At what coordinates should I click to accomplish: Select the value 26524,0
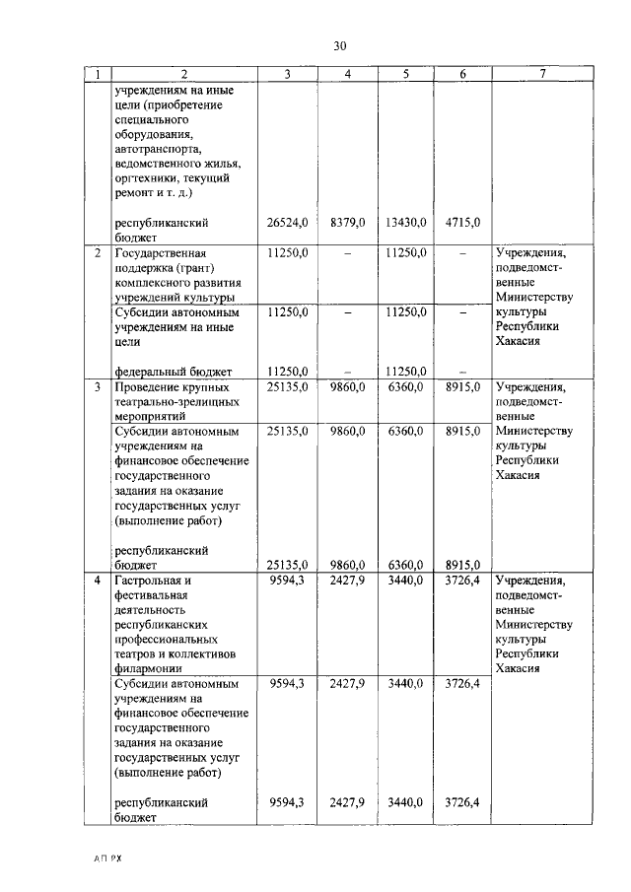point(288,223)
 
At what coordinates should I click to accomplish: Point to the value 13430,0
point(404,223)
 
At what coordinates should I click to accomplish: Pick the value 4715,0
point(462,223)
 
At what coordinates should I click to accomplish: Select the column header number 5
point(405,74)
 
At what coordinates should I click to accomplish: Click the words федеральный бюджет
point(173,372)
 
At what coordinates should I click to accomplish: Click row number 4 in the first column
point(98,581)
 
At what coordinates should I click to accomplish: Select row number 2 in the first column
point(98,253)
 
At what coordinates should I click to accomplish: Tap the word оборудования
point(153,134)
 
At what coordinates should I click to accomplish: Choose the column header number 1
point(98,74)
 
